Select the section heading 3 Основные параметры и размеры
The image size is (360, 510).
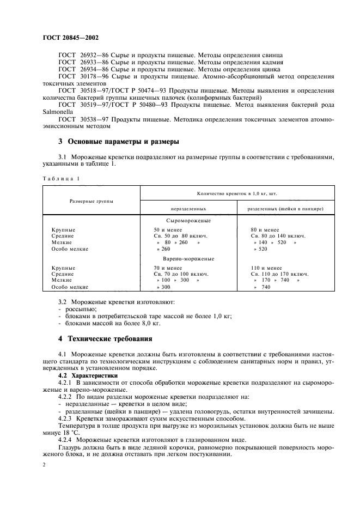pos(119,142)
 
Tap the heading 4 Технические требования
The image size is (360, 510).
pos(105,338)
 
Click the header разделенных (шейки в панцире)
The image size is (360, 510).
pos(278,209)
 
